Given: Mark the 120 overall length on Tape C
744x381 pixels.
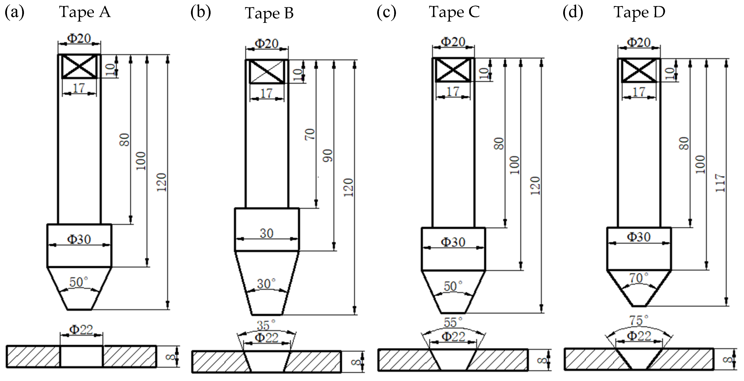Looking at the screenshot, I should click(x=535, y=186).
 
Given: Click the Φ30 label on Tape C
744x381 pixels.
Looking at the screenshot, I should click(x=453, y=242).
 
